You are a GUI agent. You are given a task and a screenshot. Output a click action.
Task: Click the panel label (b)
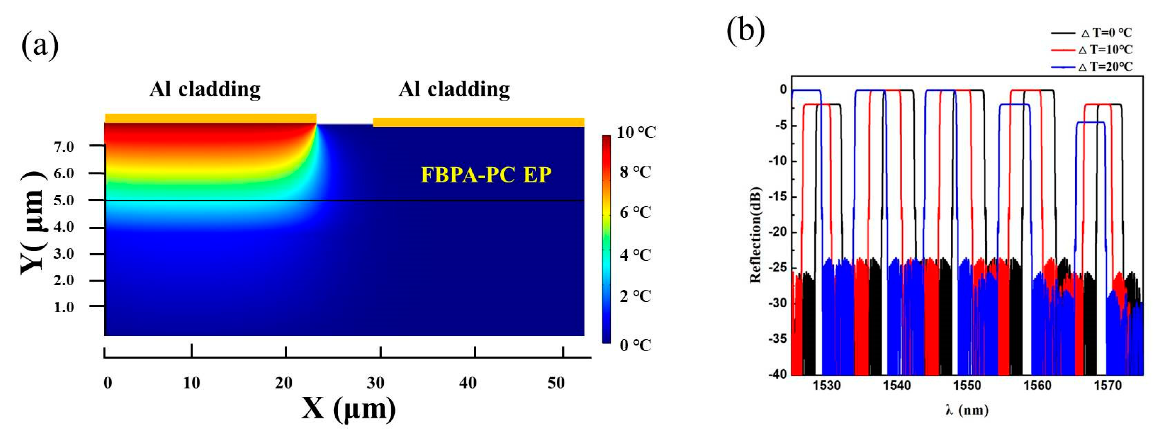[x=745, y=31]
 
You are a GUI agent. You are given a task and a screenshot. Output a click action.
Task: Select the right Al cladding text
[x=454, y=89]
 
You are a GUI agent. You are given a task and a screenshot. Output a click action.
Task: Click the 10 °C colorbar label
[x=636, y=132]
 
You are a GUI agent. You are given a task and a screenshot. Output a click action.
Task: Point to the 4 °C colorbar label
[x=635, y=255]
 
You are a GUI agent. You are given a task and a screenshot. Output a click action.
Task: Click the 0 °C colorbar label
[x=635, y=346]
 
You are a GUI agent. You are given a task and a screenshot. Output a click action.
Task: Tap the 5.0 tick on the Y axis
[x=64, y=200]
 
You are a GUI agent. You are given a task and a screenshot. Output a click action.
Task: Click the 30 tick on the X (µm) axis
[x=375, y=383]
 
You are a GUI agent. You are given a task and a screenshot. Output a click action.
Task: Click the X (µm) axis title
[x=348, y=409]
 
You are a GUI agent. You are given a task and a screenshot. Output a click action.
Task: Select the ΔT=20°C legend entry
[x=1105, y=67]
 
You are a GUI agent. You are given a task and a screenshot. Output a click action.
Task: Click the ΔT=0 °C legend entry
[x=1106, y=33]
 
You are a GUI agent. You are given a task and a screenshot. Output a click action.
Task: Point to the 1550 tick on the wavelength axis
[x=967, y=385]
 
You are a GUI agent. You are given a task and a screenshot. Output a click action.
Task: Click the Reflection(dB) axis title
[x=755, y=235]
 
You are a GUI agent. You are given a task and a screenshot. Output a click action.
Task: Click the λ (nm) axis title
[x=967, y=410]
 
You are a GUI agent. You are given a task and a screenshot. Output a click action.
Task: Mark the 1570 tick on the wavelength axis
[x=1107, y=385]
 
